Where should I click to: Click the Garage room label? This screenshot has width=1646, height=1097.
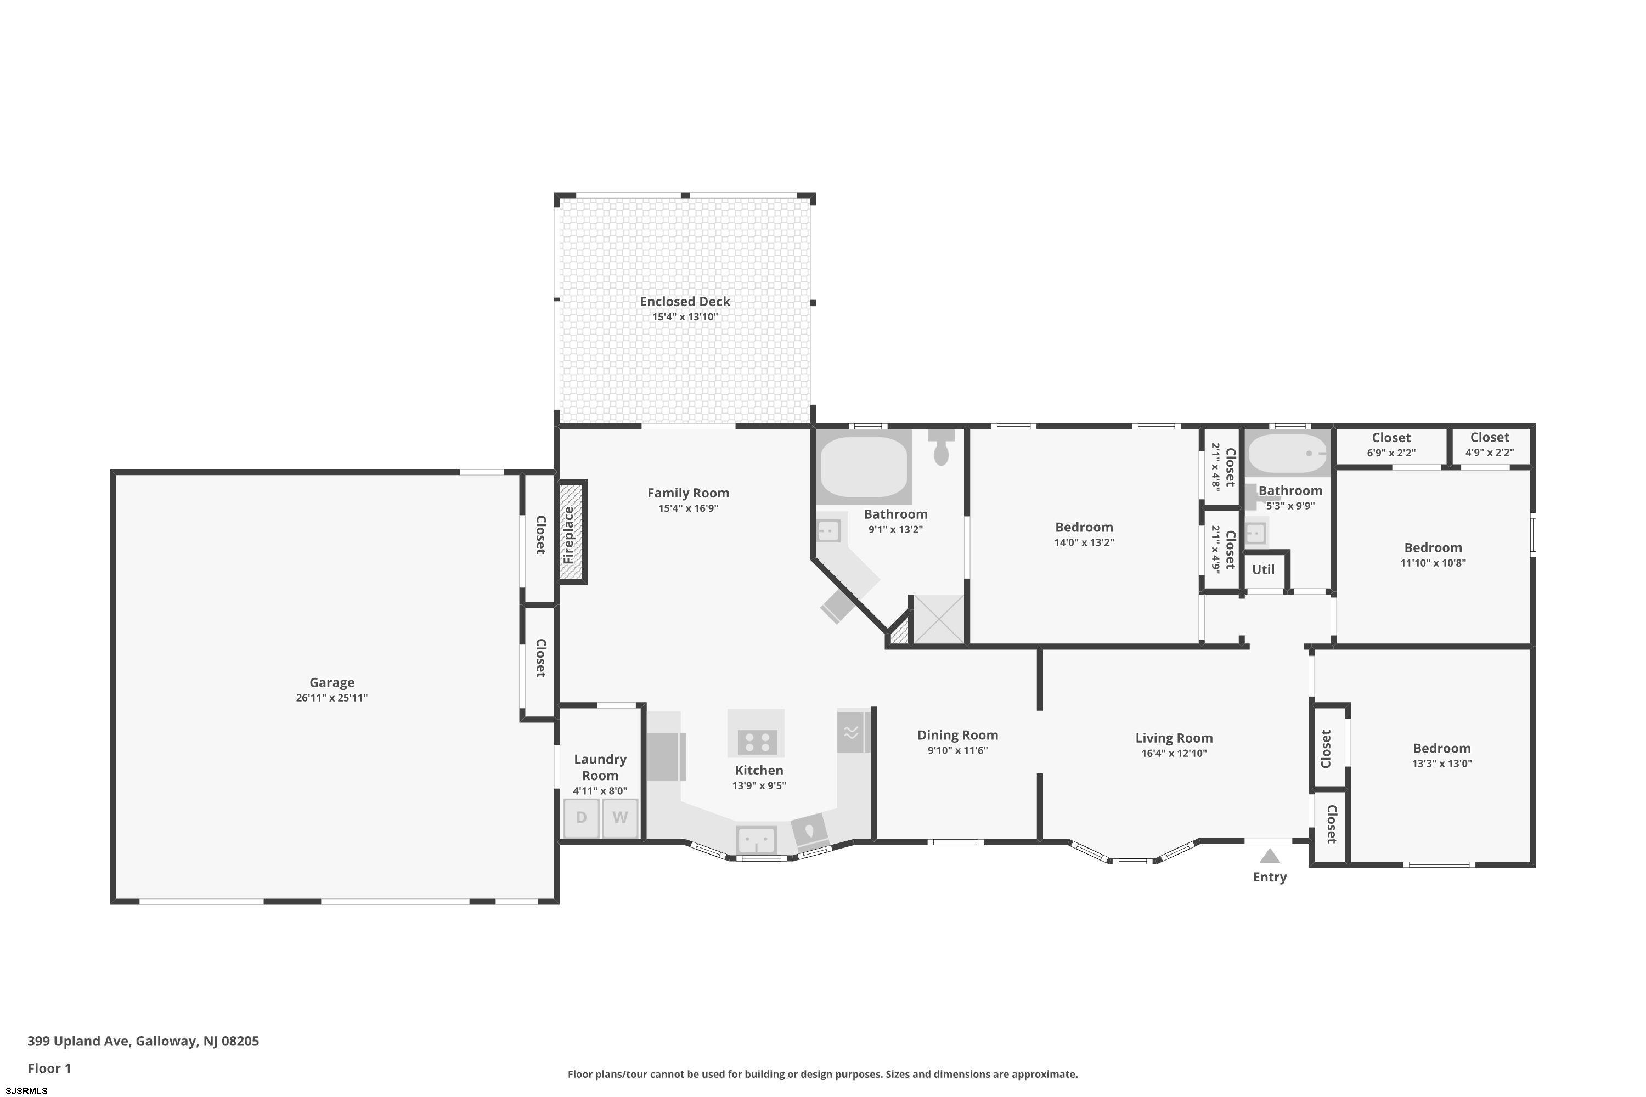(x=332, y=682)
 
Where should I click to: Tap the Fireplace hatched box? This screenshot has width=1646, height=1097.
(x=572, y=531)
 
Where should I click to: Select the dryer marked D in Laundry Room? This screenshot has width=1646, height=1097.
(x=581, y=818)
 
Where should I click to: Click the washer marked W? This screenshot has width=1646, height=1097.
(x=620, y=818)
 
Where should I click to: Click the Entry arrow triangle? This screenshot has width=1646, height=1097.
(x=1270, y=856)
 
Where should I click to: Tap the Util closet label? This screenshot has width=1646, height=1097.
(x=1263, y=569)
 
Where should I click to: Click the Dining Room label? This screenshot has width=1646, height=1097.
(x=957, y=734)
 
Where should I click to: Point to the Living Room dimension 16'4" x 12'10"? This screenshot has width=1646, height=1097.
(x=1174, y=754)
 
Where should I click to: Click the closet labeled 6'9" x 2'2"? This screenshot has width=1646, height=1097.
(x=1391, y=445)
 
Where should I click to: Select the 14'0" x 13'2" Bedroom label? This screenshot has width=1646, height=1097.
(x=1084, y=527)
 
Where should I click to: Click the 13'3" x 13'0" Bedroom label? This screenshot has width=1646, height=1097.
(x=1442, y=748)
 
